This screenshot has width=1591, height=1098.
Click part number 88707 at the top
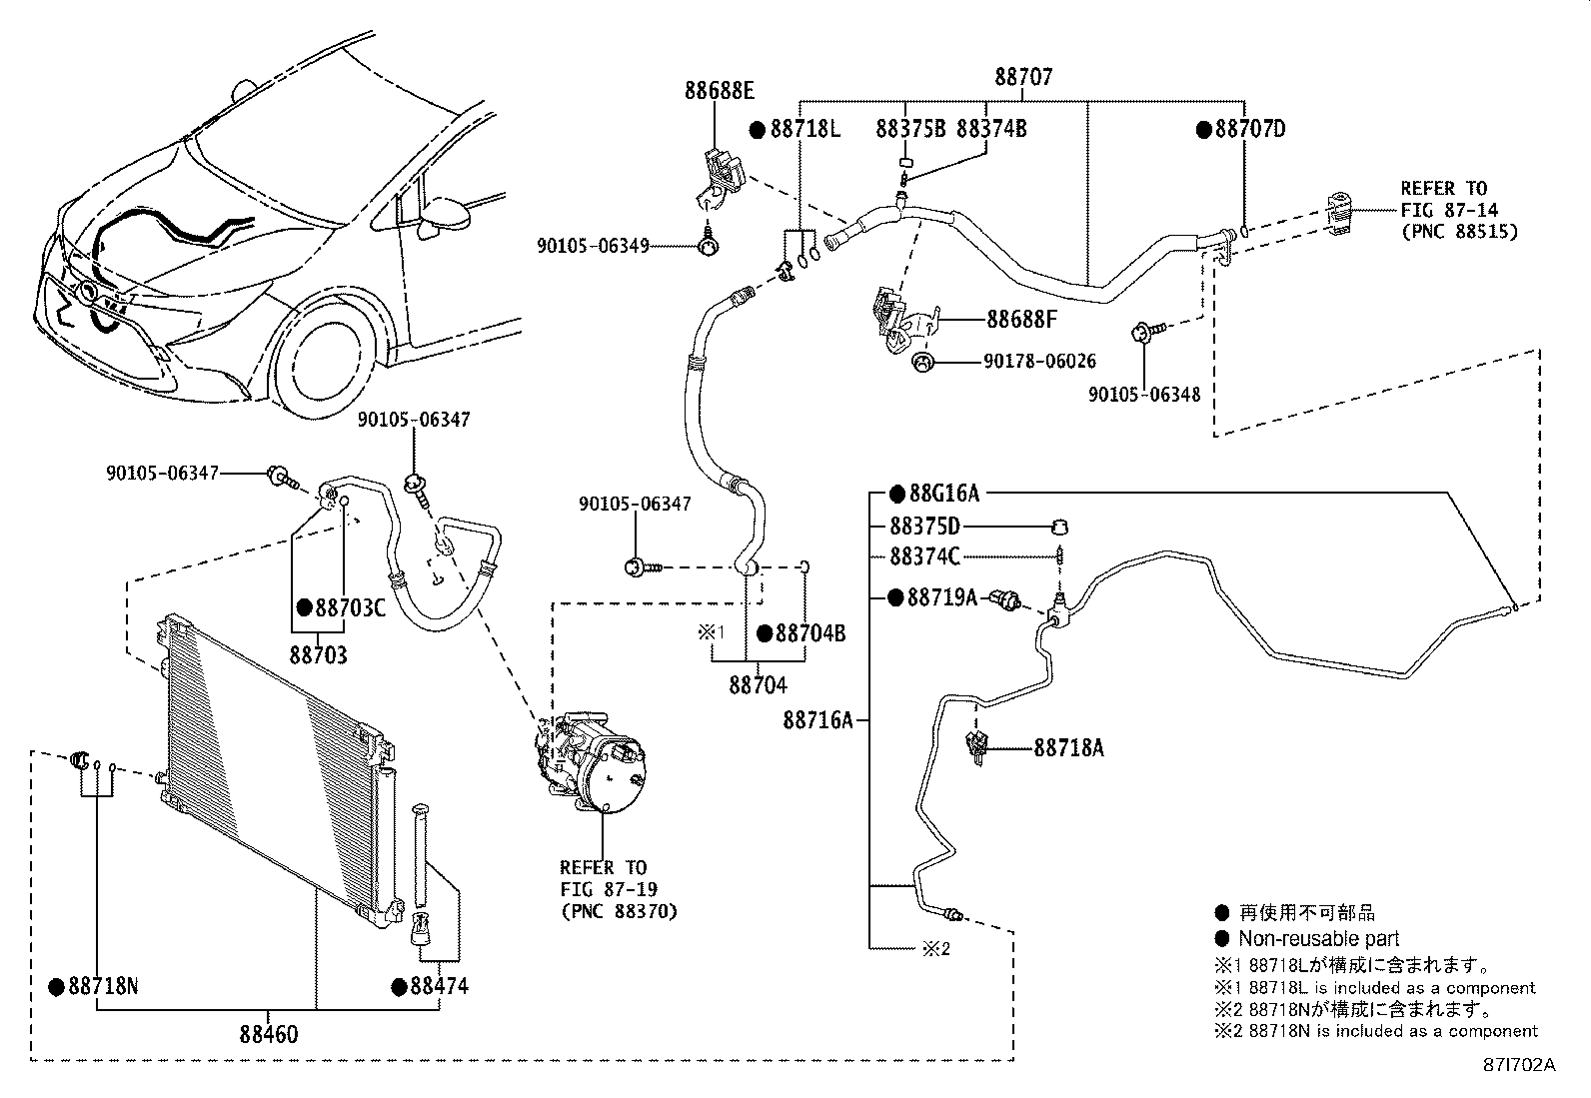pos(1023,77)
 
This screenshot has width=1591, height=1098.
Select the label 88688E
pos(720,91)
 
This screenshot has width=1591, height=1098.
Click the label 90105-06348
pos(1144,395)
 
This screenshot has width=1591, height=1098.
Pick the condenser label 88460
pos(268,1034)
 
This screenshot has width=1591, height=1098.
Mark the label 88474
pos(439,987)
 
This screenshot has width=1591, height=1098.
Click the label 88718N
pos(103,987)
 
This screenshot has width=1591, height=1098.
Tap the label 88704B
pos(810,633)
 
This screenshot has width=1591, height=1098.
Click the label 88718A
pos(1068,747)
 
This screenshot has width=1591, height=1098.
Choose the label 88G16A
pos(944,494)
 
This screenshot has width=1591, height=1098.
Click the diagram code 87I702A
pos(1518,1065)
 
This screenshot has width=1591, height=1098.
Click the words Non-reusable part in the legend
pos(1318,939)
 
